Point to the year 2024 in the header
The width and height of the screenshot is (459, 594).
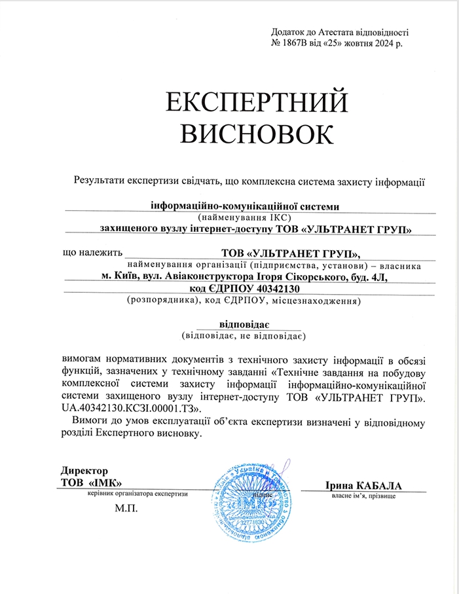(380, 43)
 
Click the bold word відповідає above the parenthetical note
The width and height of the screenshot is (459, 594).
(244, 324)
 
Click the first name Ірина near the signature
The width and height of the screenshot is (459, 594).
(339, 485)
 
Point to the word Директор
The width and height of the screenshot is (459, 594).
(84, 470)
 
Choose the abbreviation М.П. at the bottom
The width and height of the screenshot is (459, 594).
(126, 508)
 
